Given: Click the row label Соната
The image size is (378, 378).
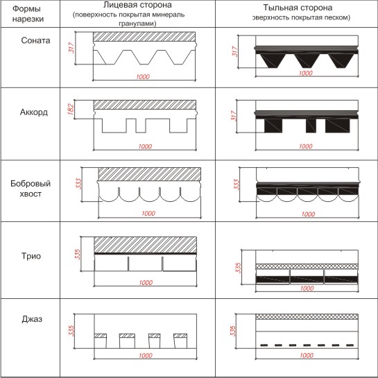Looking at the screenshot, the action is (x=35, y=40).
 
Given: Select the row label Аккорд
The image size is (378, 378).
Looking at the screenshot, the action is (x=34, y=112).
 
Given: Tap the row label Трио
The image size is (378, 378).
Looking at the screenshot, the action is (x=31, y=256).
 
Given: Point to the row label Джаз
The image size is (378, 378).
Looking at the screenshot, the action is (x=32, y=319).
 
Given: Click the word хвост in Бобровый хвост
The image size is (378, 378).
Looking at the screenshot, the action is (x=31, y=194).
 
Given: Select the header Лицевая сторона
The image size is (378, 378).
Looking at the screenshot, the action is (x=137, y=5).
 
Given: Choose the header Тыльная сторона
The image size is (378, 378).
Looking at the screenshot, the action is (x=298, y=8).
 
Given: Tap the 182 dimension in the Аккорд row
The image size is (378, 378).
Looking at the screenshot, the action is (x=71, y=109).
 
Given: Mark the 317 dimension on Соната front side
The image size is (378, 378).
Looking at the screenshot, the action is (x=71, y=48).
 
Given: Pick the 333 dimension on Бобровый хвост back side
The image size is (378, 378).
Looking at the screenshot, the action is (x=236, y=184).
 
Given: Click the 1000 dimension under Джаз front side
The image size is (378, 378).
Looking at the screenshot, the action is (x=146, y=355).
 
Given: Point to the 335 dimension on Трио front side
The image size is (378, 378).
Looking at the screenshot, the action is (x=78, y=254).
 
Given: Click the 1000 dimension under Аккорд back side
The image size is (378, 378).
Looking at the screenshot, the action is (x=306, y=146).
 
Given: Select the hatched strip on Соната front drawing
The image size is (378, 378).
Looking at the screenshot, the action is (x=144, y=37).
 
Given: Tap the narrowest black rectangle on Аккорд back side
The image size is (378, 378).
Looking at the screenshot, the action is (x=311, y=126).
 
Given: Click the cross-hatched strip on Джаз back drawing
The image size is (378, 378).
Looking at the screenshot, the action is (x=307, y=316).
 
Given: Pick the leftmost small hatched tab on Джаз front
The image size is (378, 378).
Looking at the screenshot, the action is (x=101, y=336).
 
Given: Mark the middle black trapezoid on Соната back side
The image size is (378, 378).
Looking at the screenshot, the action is (x=307, y=61).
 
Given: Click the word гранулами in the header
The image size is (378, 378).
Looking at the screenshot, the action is (x=137, y=24).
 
